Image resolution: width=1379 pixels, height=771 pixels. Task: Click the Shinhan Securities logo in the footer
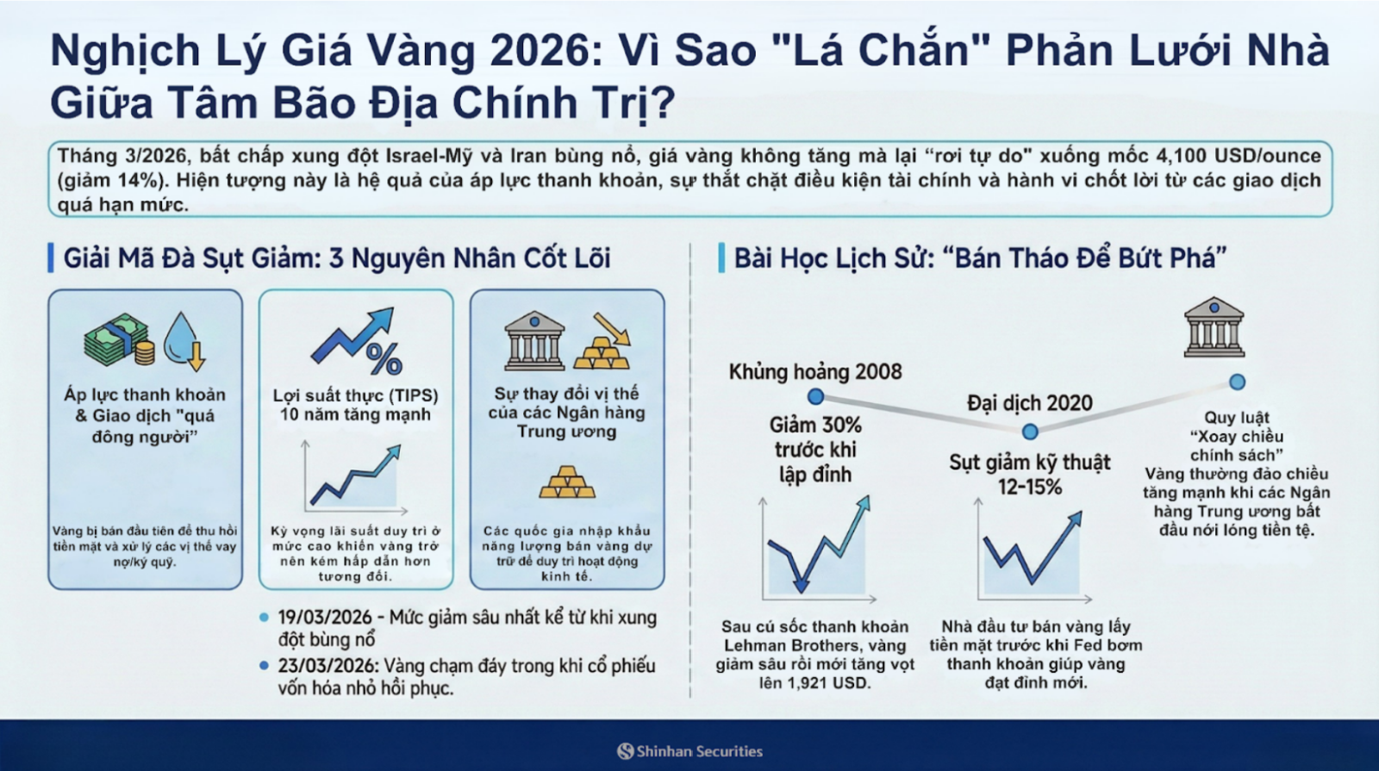(x=690, y=751)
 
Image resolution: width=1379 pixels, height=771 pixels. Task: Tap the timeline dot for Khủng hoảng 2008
(x=815, y=396)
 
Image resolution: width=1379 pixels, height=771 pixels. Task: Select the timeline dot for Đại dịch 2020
(x=1030, y=432)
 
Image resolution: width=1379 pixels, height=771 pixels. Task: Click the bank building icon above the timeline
(x=1214, y=327)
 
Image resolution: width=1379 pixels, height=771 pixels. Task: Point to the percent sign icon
(x=384, y=358)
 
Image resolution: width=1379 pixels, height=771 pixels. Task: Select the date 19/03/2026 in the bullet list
(x=325, y=617)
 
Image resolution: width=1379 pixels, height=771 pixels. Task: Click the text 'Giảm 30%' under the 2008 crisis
(x=815, y=426)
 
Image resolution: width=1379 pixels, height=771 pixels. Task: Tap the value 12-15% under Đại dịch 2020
(x=1030, y=488)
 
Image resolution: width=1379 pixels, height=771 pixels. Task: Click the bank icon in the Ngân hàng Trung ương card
(x=534, y=340)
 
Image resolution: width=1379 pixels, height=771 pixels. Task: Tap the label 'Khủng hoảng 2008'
(x=815, y=371)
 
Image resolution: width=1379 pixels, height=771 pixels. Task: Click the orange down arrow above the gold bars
(x=613, y=328)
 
